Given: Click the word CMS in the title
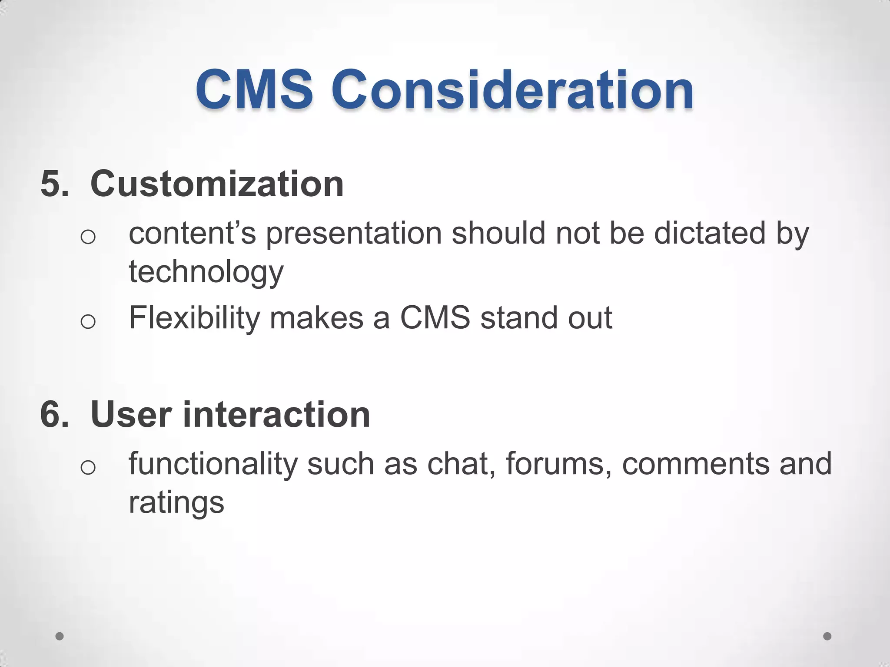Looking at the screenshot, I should pos(254,90).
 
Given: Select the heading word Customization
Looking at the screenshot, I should pos(217,184).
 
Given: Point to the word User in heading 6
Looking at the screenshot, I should pos(131,415).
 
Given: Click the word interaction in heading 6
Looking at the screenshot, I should pos(276,415).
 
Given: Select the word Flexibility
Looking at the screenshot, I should pos(194,318).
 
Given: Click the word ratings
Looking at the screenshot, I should pos(176,503).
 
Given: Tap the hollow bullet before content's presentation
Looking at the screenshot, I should pos(88,237).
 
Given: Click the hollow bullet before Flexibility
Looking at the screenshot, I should pos(88,322).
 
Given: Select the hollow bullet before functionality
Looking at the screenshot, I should pos(88,468).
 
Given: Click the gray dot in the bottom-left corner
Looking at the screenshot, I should pos(60,636).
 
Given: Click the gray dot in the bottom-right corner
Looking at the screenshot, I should pos(827,636).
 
